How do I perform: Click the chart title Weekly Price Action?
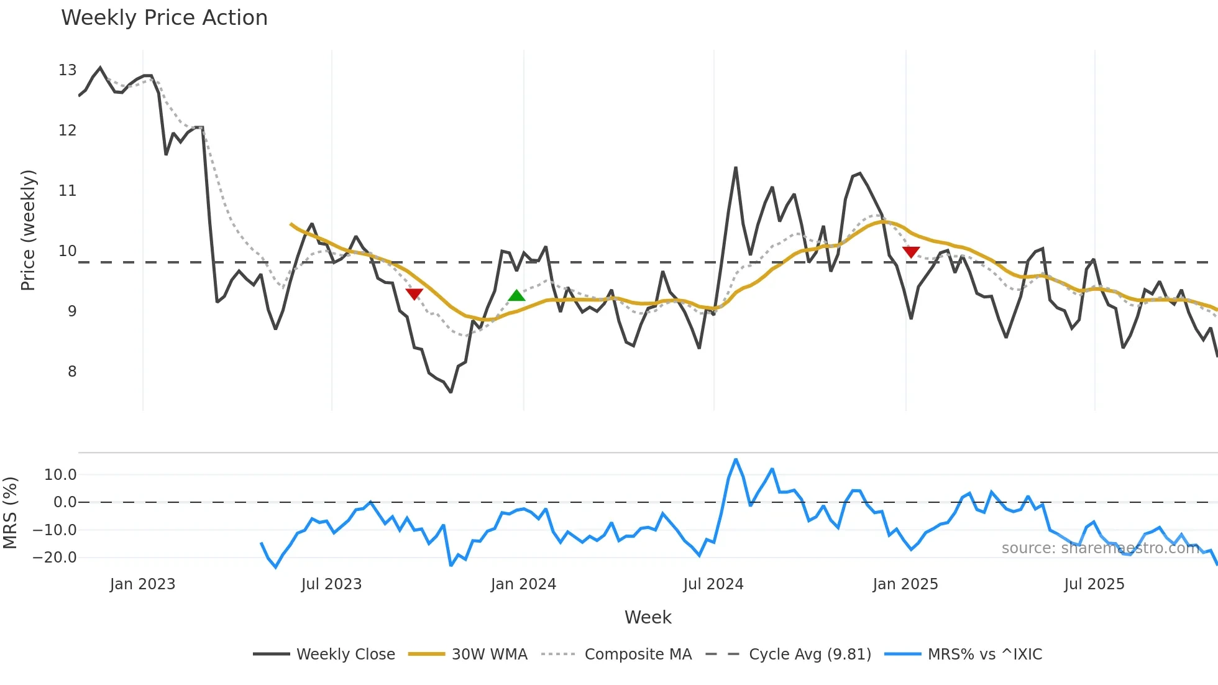164,18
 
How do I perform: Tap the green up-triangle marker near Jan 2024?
516,296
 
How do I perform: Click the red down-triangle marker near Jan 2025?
911,252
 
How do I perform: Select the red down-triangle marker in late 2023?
414,293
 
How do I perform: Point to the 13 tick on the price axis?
68,70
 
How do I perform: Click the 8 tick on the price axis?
72,372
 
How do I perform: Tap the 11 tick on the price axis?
68,191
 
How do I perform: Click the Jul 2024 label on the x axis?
713,584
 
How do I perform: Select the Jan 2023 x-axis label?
142,584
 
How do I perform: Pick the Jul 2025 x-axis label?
1094,584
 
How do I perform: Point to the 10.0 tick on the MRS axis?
60,475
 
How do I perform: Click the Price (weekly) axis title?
28,230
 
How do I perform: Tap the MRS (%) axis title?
10,513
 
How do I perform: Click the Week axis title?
648,617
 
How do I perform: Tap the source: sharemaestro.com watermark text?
1100,548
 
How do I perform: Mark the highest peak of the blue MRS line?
736,460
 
